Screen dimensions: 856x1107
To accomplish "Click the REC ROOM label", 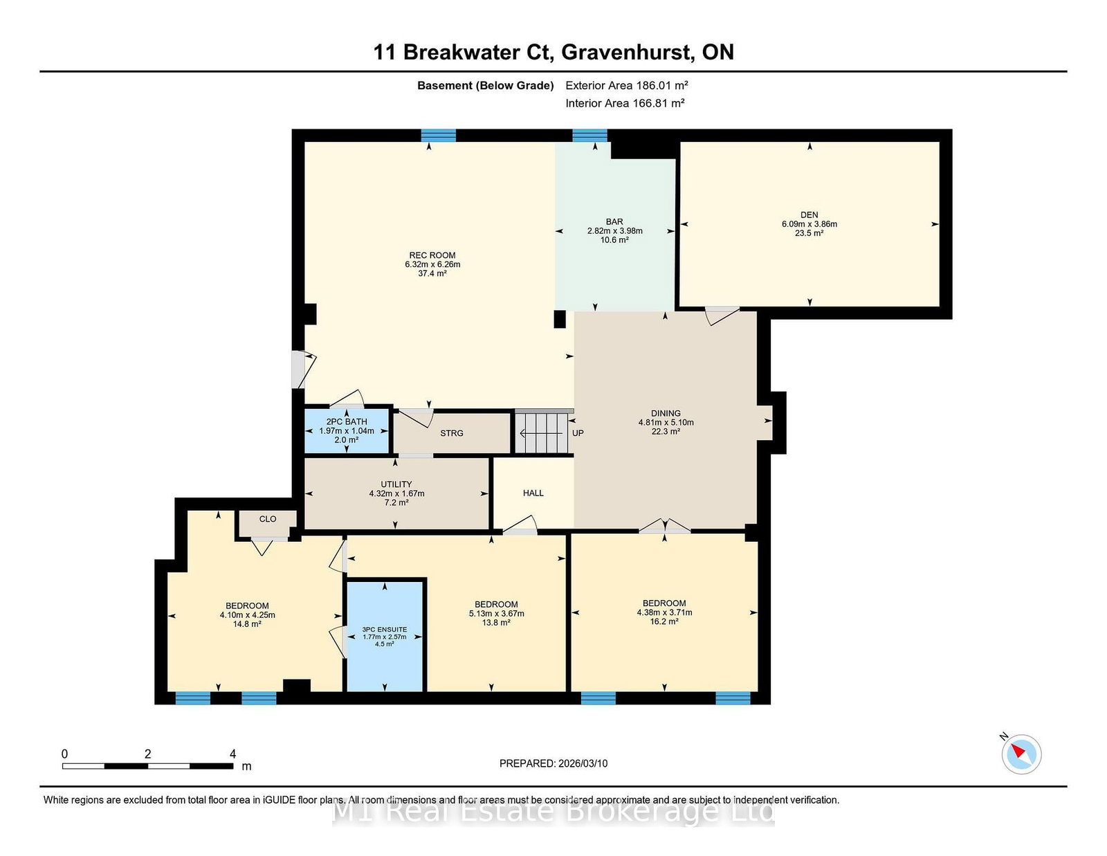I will [x=432, y=255].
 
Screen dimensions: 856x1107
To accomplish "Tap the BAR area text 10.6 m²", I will [x=614, y=240].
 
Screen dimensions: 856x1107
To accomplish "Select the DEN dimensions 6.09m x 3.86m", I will [x=809, y=224].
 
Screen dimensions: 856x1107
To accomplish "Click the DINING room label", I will [x=666, y=413].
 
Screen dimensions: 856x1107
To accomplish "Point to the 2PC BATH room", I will [x=347, y=430].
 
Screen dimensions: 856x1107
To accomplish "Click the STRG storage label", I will [x=452, y=433].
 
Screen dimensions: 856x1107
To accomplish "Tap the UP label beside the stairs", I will [x=578, y=433].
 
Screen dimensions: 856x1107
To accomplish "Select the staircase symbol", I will [x=543, y=433].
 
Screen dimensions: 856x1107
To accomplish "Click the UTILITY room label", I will [x=396, y=484].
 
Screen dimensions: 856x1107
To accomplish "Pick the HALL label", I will [x=533, y=493].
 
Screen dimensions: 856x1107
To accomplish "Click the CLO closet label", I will [x=268, y=519].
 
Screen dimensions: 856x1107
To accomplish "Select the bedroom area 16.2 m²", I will [x=664, y=621].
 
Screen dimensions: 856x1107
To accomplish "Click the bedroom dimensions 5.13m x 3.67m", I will [x=496, y=614].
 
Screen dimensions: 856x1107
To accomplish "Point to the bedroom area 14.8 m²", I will [x=247, y=624].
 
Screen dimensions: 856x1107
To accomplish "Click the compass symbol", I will [x=1021, y=754].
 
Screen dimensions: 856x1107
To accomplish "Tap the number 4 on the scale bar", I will [x=232, y=754].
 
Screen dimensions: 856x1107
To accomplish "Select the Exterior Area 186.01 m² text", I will [x=626, y=86].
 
